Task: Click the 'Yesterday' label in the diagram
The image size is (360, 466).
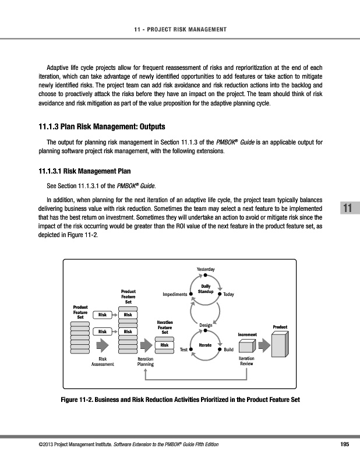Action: click(x=206, y=269)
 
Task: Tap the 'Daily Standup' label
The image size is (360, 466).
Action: click(x=206, y=288)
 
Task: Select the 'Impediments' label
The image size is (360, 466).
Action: click(x=175, y=295)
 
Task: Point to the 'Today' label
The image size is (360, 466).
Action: click(x=228, y=295)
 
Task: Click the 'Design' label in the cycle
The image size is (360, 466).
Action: click(x=205, y=324)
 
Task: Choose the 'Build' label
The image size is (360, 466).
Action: click(x=229, y=349)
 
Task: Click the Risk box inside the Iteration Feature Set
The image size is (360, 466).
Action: click(x=165, y=345)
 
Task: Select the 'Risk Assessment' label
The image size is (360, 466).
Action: click(x=103, y=362)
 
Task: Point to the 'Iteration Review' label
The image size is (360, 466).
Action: click(x=246, y=362)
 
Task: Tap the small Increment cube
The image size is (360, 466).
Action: click(x=247, y=345)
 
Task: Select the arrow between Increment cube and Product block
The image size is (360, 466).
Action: click(x=264, y=345)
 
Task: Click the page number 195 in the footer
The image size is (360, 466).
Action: click(x=344, y=444)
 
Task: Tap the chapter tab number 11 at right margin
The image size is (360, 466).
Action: click(x=348, y=209)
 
